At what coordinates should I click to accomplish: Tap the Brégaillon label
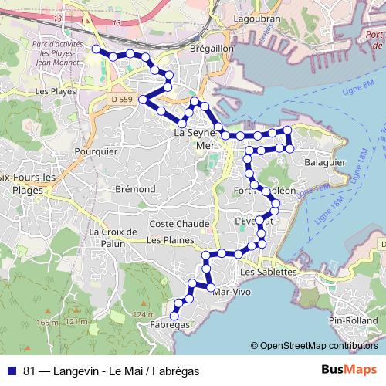206,48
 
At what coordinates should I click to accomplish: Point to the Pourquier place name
96,152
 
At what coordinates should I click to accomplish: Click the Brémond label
134,189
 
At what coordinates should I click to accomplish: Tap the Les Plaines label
169,240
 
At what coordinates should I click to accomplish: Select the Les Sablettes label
268,272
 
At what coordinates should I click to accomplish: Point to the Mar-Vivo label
233,293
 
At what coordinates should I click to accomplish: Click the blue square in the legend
12,371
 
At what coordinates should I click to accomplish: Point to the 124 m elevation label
144,315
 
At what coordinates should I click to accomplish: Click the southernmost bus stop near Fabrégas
174,314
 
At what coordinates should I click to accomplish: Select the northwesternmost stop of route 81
96,49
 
